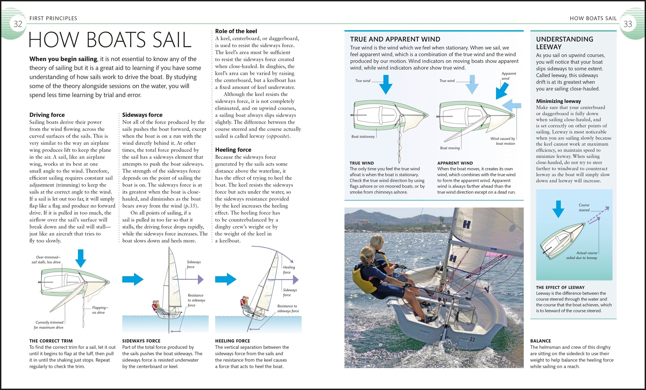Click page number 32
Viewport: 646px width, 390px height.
pyautogui.click(x=18, y=24)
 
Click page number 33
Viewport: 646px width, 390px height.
pyautogui.click(x=628, y=24)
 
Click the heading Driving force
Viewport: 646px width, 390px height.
pyautogui.click(x=47, y=115)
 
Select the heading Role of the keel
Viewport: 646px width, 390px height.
pyautogui.click(x=236, y=31)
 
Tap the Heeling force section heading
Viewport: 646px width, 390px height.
pyautogui.click(x=233, y=150)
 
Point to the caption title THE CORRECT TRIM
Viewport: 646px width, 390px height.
pyautogui.click(x=51, y=341)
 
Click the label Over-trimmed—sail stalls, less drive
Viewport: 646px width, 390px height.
pyautogui.click(x=46, y=260)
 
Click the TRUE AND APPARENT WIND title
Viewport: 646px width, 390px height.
pyautogui.click(x=395, y=39)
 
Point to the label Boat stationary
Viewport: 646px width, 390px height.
pyautogui.click(x=363, y=137)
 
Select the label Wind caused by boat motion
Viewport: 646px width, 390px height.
pyautogui.click(x=503, y=141)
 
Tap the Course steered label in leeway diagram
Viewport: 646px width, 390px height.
pyautogui.click(x=584, y=208)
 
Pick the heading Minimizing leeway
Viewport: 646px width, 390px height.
pyautogui.click(x=558, y=101)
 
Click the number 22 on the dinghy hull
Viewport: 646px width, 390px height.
pyautogui.click(x=472, y=339)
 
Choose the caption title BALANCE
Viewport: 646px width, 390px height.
pyautogui.click(x=540, y=341)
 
